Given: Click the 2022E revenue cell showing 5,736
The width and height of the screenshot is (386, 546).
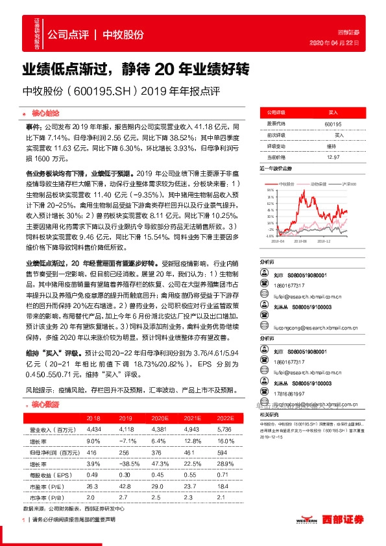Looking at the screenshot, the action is click(224, 429).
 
